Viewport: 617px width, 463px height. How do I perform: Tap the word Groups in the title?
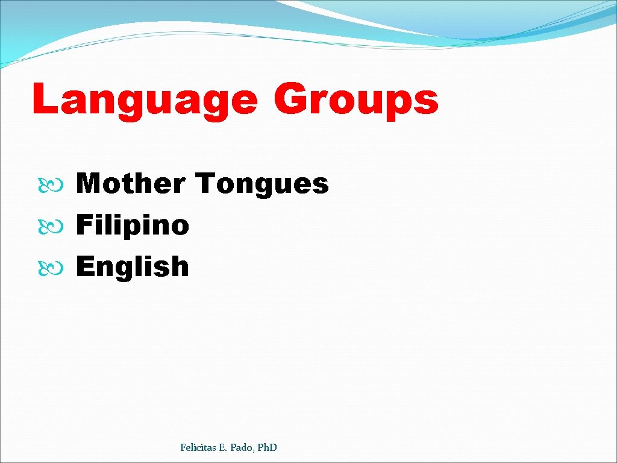pyautogui.click(x=356, y=100)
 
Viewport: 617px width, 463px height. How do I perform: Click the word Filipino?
pyautogui.click(x=133, y=226)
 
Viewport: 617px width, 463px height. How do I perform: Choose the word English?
pyautogui.click(x=133, y=266)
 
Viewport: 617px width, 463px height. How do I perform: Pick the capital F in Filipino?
pyautogui.click(x=85, y=225)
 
